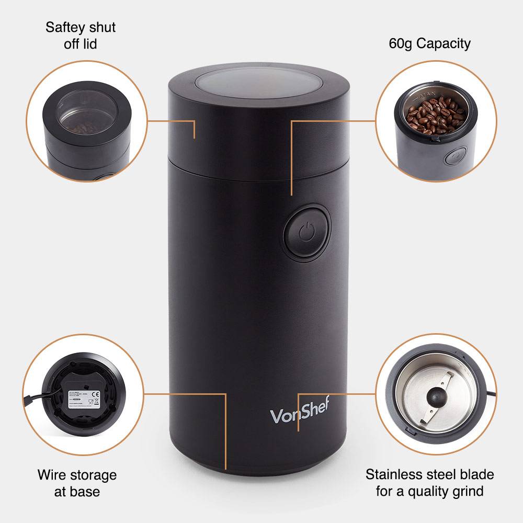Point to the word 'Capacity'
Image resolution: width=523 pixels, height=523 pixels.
[x=443, y=43]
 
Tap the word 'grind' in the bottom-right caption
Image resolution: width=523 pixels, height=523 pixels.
[x=464, y=491]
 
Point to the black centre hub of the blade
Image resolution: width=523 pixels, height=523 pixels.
[x=436, y=397]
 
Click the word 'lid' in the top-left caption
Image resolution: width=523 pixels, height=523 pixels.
[x=89, y=43]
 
